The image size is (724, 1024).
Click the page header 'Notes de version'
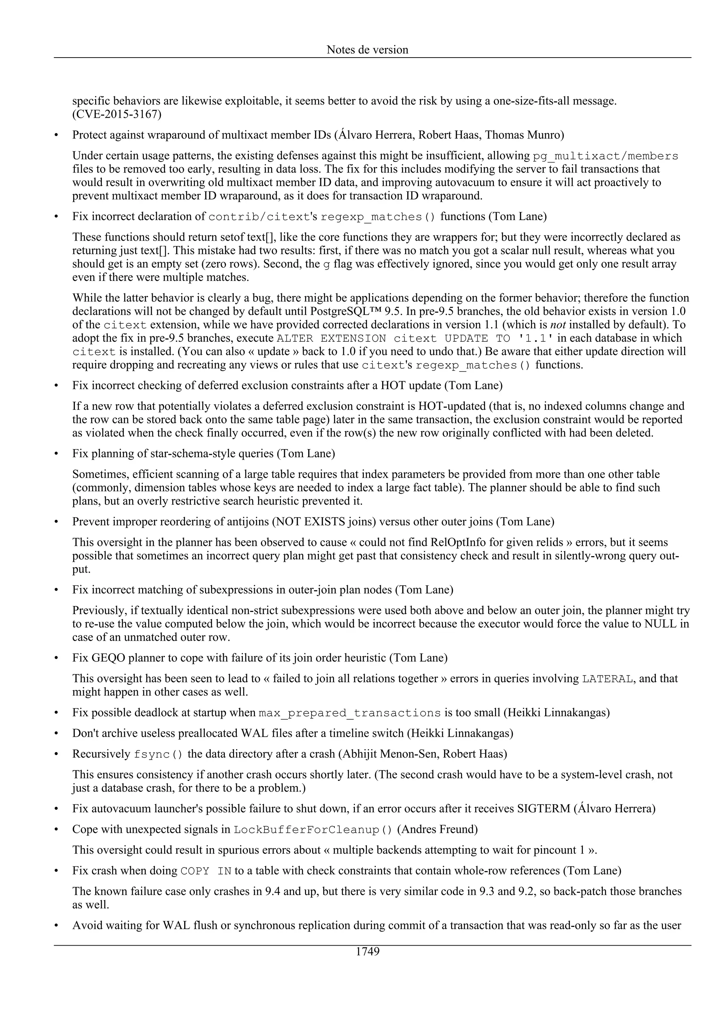coord(367,49)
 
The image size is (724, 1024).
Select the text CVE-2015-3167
coord(117,114)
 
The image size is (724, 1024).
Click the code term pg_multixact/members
coord(605,156)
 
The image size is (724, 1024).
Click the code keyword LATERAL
coord(607,679)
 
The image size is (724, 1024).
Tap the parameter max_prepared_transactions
coord(349,713)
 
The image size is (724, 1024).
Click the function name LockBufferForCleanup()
coord(313,830)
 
